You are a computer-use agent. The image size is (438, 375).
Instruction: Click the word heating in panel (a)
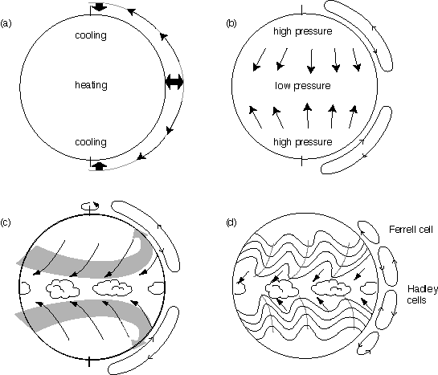tap(91, 85)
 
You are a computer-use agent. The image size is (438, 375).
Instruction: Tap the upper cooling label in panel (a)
tap(91, 35)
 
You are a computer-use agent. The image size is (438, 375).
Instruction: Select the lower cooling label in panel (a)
tap(91, 142)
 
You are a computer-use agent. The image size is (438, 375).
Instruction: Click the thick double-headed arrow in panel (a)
tap(174, 83)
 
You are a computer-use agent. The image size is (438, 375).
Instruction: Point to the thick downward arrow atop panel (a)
tap(99, 7)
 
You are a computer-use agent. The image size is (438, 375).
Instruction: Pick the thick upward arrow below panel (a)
tap(100, 165)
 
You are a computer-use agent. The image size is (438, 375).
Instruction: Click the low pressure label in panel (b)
tap(303, 86)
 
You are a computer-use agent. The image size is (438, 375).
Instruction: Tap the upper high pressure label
tap(303, 31)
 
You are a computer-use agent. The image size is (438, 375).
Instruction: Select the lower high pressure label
tap(303, 142)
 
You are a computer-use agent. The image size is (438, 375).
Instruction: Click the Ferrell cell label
tap(411, 230)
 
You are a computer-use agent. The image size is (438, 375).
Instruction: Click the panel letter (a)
tap(6, 23)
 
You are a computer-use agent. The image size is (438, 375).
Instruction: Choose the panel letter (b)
tap(231, 23)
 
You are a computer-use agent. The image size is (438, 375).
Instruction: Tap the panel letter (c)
tap(6, 222)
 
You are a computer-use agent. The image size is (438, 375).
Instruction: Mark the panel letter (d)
tap(231, 222)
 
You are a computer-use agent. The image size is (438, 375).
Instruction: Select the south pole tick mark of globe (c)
tap(89, 361)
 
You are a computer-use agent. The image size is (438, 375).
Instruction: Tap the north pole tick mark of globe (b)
tap(301, 10)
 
